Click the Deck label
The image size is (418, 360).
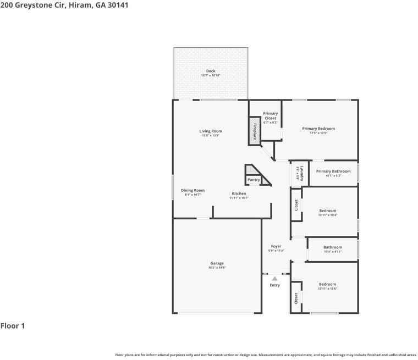(211, 71)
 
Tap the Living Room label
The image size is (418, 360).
(211, 131)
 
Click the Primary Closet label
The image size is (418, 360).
(271, 115)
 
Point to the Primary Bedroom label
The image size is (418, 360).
(318, 129)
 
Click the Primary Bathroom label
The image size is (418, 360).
(333, 171)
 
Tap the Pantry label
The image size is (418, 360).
(254, 180)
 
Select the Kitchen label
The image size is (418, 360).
(239, 193)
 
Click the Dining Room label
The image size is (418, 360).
(193, 190)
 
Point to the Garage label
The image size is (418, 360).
(217, 263)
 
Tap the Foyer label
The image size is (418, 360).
(276, 246)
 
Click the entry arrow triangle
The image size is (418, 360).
(274, 279)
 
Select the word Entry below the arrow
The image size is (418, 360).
(274, 285)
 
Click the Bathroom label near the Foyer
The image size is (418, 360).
(333, 247)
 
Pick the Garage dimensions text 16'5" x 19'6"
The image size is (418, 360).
(217, 268)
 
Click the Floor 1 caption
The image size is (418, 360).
(13, 326)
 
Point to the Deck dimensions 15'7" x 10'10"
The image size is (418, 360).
(211, 75)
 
